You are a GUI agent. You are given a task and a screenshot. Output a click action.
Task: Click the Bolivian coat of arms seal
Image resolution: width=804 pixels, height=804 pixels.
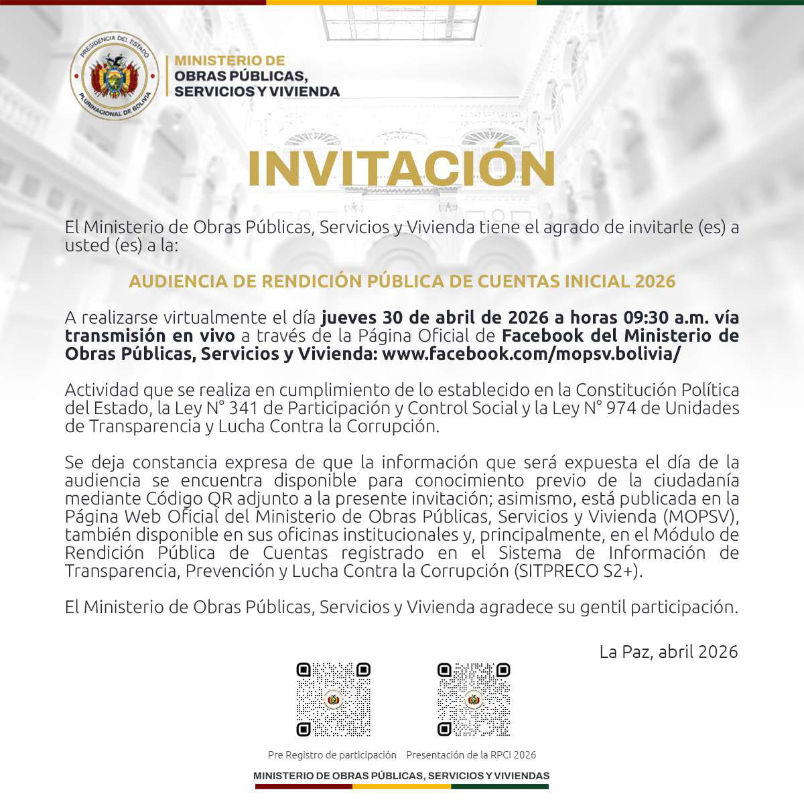point(115,75)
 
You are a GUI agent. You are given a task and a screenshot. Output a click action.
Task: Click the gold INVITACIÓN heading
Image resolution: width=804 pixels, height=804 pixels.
point(401,169)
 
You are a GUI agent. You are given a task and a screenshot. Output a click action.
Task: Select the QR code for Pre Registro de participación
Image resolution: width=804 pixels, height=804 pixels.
point(333,699)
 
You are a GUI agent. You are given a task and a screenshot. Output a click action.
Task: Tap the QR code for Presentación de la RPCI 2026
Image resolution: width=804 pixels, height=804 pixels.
point(474,699)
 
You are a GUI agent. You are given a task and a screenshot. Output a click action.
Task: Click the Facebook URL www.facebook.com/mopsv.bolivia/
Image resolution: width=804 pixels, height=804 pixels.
point(531,354)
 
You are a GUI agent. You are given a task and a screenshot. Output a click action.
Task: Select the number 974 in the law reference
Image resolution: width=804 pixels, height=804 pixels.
point(620,408)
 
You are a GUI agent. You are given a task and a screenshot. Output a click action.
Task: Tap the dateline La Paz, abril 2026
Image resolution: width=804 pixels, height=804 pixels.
point(669,651)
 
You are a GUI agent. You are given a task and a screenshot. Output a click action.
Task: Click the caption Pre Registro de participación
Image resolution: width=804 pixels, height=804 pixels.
point(332,755)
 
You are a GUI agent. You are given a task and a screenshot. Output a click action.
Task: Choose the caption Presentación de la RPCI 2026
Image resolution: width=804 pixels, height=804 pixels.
point(471,755)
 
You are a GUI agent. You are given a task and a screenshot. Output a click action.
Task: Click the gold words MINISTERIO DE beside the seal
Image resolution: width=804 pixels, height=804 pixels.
point(229,60)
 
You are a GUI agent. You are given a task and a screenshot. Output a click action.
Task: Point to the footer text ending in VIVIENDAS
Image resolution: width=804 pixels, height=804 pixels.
point(401,776)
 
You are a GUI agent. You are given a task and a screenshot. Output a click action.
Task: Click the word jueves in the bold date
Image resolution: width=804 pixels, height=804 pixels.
point(348,317)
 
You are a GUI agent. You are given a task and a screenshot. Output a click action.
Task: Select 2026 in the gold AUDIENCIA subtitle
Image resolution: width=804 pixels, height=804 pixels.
point(655,281)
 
